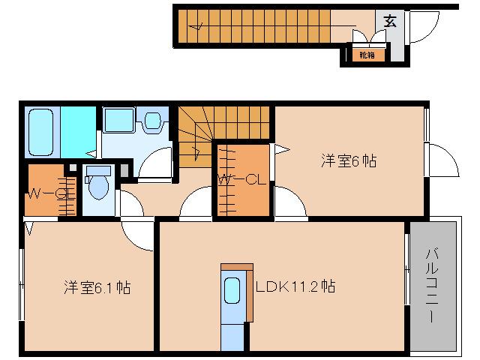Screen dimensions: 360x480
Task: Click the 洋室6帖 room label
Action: pos(349,160)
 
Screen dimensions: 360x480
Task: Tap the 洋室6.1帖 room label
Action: pos(97,286)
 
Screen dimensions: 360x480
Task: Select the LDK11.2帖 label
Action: pos(295,286)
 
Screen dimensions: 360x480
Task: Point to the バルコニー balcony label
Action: pos(433,285)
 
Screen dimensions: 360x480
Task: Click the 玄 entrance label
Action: pos(390,20)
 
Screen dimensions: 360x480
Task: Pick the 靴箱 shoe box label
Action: pos(366,55)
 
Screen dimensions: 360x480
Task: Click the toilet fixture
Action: pos(97,186)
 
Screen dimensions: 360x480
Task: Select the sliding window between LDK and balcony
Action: pos(406,281)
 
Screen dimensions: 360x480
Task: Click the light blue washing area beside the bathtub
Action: pos(78,131)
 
